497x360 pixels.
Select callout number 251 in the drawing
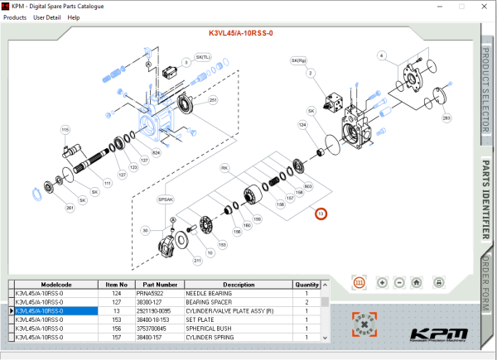(x=213, y=100)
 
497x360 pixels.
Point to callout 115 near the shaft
(x=65, y=129)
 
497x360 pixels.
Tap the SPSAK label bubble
(x=166, y=199)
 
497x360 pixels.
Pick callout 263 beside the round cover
(x=446, y=118)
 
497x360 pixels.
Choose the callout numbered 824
(x=156, y=152)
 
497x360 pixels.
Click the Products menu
(x=15, y=17)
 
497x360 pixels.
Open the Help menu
(x=74, y=17)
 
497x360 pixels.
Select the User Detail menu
(x=46, y=17)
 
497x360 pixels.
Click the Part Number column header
(x=162, y=284)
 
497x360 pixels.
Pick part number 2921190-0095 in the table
(x=162, y=311)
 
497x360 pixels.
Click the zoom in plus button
(x=382, y=282)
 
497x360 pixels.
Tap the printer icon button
(x=439, y=282)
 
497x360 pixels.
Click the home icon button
(x=417, y=282)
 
